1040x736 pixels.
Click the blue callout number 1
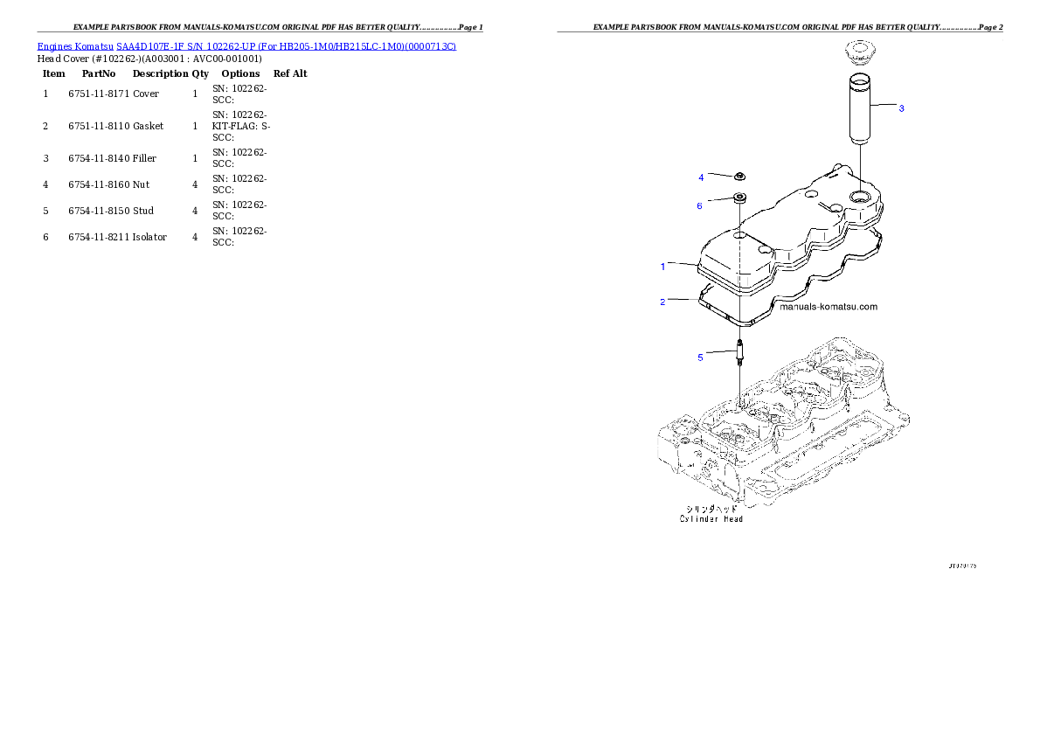pyautogui.click(x=662, y=266)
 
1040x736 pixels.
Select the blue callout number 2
pyautogui.click(x=662, y=302)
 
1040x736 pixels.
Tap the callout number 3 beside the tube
pyautogui.click(x=901, y=108)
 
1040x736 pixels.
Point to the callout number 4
pyautogui.click(x=700, y=177)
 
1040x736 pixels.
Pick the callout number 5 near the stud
pyautogui.click(x=699, y=357)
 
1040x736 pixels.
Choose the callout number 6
pyautogui.click(x=699, y=206)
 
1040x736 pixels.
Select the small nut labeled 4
pyautogui.click(x=738, y=177)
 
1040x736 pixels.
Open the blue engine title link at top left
pyautogui.click(x=246, y=45)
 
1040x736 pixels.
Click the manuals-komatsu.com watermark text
pyautogui.click(x=828, y=307)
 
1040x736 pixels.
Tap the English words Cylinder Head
pyautogui.click(x=711, y=519)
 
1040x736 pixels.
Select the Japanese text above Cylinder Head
pyautogui.click(x=711, y=508)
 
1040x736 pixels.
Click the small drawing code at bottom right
pyautogui.click(x=962, y=566)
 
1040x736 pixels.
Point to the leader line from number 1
pyautogui.click(x=682, y=263)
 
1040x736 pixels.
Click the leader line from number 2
pyautogui.click(x=682, y=300)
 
